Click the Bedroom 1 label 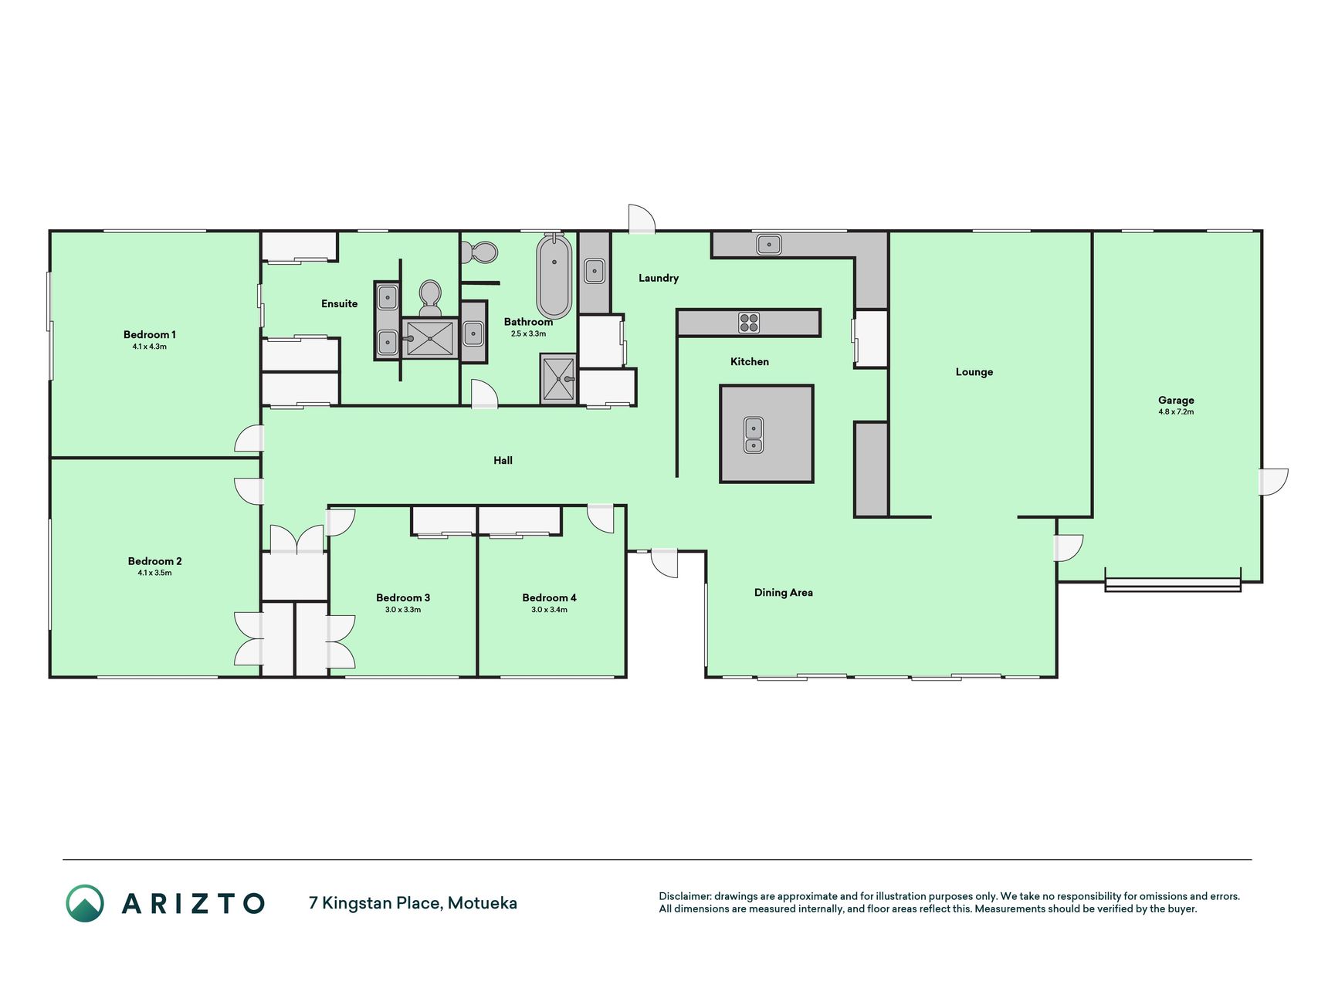[x=150, y=334]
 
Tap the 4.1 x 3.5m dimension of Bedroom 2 [x=154, y=573]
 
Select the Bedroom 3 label [x=403, y=597]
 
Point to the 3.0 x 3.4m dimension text [x=549, y=610]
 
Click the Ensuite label [x=340, y=303]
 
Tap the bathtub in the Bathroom [x=554, y=276]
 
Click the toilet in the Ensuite [x=430, y=297]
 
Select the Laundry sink [x=595, y=271]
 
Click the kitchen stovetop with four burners [x=749, y=323]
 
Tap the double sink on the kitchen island [x=754, y=435]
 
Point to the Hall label [x=503, y=460]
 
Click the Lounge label [x=974, y=372]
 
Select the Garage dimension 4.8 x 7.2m [x=1176, y=411]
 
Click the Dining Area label [x=784, y=593]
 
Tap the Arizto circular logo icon [x=85, y=903]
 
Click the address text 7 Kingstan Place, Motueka [x=413, y=902]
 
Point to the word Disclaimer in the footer [x=684, y=896]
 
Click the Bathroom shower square [x=558, y=379]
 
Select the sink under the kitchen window [x=769, y=245]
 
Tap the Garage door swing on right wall [x=1274, y=482]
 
